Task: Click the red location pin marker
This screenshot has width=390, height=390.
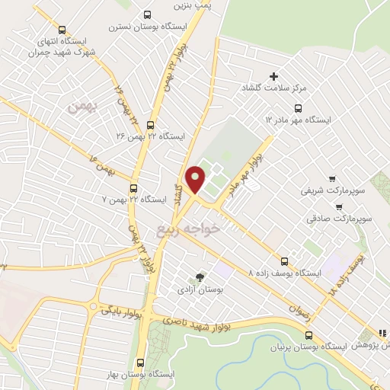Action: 196,179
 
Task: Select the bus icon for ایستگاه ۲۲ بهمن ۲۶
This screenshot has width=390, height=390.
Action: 149,125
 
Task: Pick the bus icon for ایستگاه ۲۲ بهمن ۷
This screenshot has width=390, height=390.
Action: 134,187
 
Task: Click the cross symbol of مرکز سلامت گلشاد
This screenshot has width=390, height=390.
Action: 274,75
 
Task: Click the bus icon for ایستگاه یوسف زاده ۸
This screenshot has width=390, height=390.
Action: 285,260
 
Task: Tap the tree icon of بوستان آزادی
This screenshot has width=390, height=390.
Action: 200,277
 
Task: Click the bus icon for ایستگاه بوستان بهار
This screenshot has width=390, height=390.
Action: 139,363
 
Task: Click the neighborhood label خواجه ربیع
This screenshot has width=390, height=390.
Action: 188,227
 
